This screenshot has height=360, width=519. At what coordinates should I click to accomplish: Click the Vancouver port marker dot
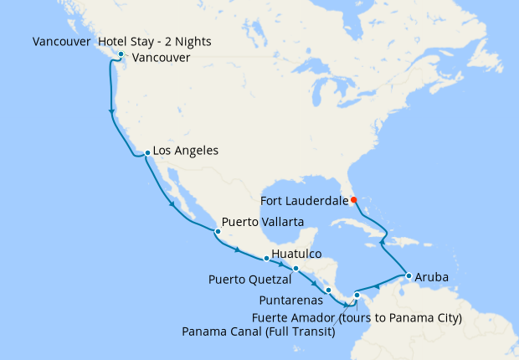click(121, 55)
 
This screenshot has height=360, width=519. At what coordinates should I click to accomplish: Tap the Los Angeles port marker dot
click(147, 153)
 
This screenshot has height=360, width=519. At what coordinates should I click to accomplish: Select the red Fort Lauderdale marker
click(353, 199)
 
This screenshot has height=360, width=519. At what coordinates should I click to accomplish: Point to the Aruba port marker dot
click(408, 275)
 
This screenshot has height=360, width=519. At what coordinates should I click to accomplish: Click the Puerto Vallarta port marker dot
click(218, 229)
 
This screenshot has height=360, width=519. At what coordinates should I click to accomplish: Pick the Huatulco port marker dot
click(266, 259)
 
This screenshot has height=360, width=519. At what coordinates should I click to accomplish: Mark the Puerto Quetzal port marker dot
click(295, 269)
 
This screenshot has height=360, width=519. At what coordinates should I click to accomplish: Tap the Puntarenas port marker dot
click(328, 291)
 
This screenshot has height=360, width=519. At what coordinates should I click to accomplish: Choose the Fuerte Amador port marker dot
click(357, 295)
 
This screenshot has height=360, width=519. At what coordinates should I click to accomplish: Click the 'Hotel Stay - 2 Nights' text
click(154, 41)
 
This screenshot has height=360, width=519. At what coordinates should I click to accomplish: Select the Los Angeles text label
click(187, 152)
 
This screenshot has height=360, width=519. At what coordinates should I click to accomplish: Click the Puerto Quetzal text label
click(249, 277)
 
